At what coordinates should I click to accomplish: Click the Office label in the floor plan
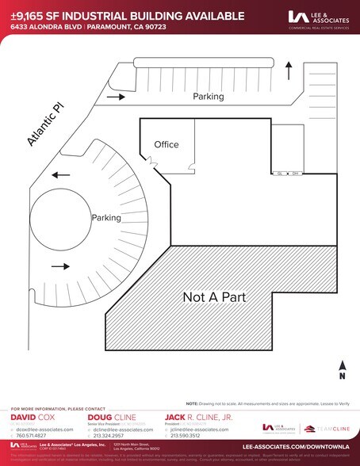click(166, 144)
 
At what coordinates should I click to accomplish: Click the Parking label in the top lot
click(209, 96)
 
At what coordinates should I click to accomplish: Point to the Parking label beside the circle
click(105, 217)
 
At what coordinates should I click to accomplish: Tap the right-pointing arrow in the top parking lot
click(114, 96)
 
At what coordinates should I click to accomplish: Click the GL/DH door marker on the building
click(286, 172)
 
